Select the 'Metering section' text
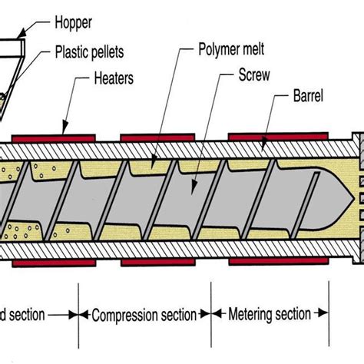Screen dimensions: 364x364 [270, 314]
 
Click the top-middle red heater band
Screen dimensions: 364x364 [157, 138]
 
